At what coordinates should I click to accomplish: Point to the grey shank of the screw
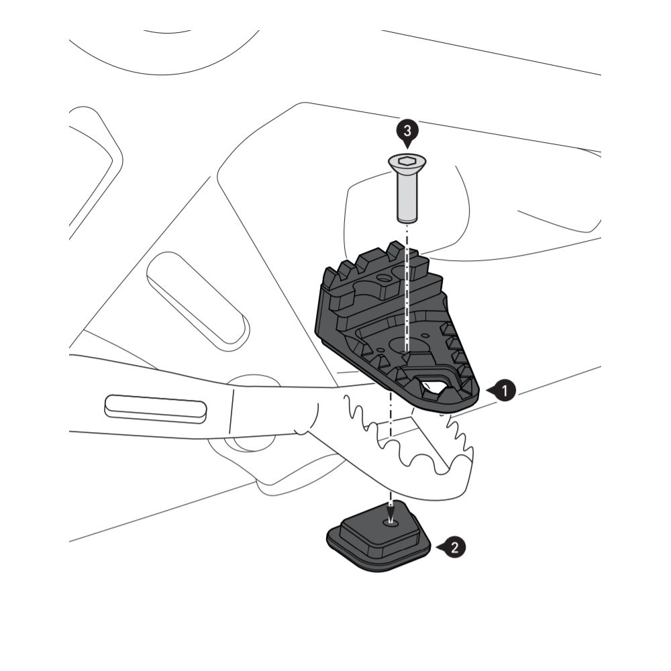pyautogui.click(x=407, y=197)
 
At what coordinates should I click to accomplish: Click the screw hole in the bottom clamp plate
pyautogui.click(x=391, y=521)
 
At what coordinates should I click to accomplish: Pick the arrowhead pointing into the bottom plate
pyautogui.click(x=391, y=512)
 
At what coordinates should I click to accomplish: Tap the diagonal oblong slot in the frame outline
pyautogui.click(x=198, y=298)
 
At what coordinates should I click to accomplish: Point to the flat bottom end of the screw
pyautogui.click(x=407, y=219)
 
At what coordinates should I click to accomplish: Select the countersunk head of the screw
pyautogui.click(x=407, y=164)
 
